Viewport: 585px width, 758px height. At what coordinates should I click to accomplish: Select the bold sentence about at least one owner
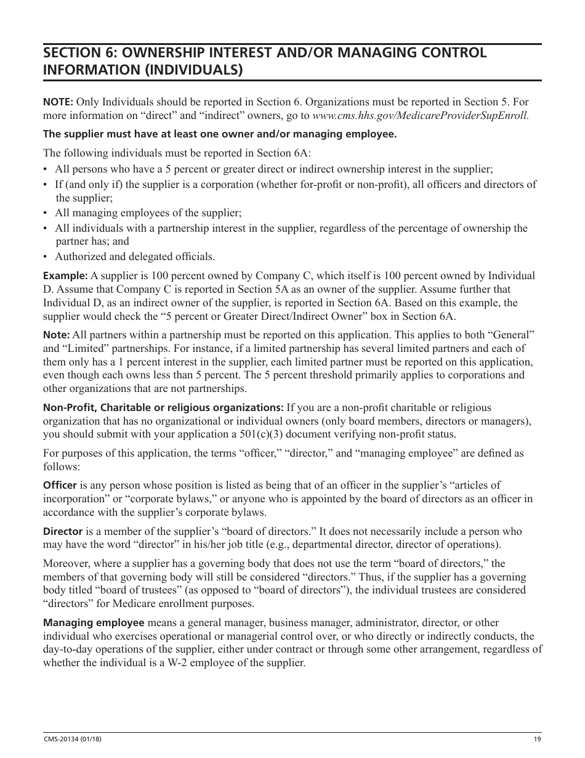(219, 134)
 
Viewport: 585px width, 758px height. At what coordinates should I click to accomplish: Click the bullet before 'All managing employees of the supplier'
(46, 213)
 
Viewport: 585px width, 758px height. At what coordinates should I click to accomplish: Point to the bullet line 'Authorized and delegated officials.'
(135, 257)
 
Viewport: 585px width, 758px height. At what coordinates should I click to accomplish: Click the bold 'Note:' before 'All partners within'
(56, 335)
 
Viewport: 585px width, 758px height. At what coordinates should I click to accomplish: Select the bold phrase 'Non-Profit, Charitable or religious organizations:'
(163, 408)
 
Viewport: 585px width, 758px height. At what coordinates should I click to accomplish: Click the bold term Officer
(60, 486)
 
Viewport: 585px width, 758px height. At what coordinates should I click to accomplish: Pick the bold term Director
(63, 532)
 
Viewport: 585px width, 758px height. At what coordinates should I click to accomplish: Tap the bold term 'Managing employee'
(94, 623)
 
